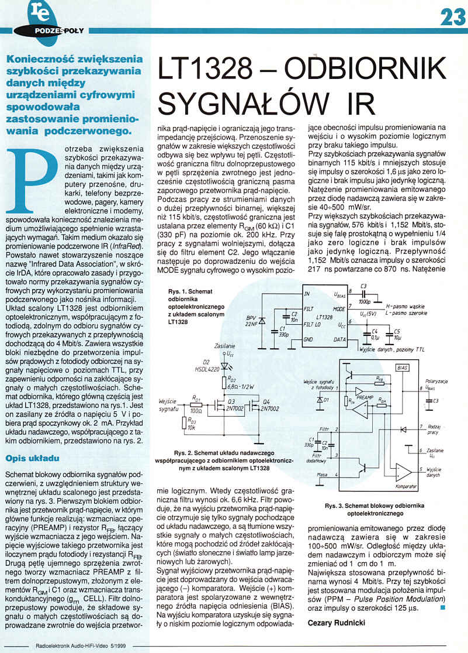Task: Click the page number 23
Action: point(450,16)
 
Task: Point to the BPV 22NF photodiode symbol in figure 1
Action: point(261,321)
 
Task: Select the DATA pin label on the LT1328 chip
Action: point(339,339)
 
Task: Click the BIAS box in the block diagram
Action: point(402,367)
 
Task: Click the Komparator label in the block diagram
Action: point(405,486)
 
